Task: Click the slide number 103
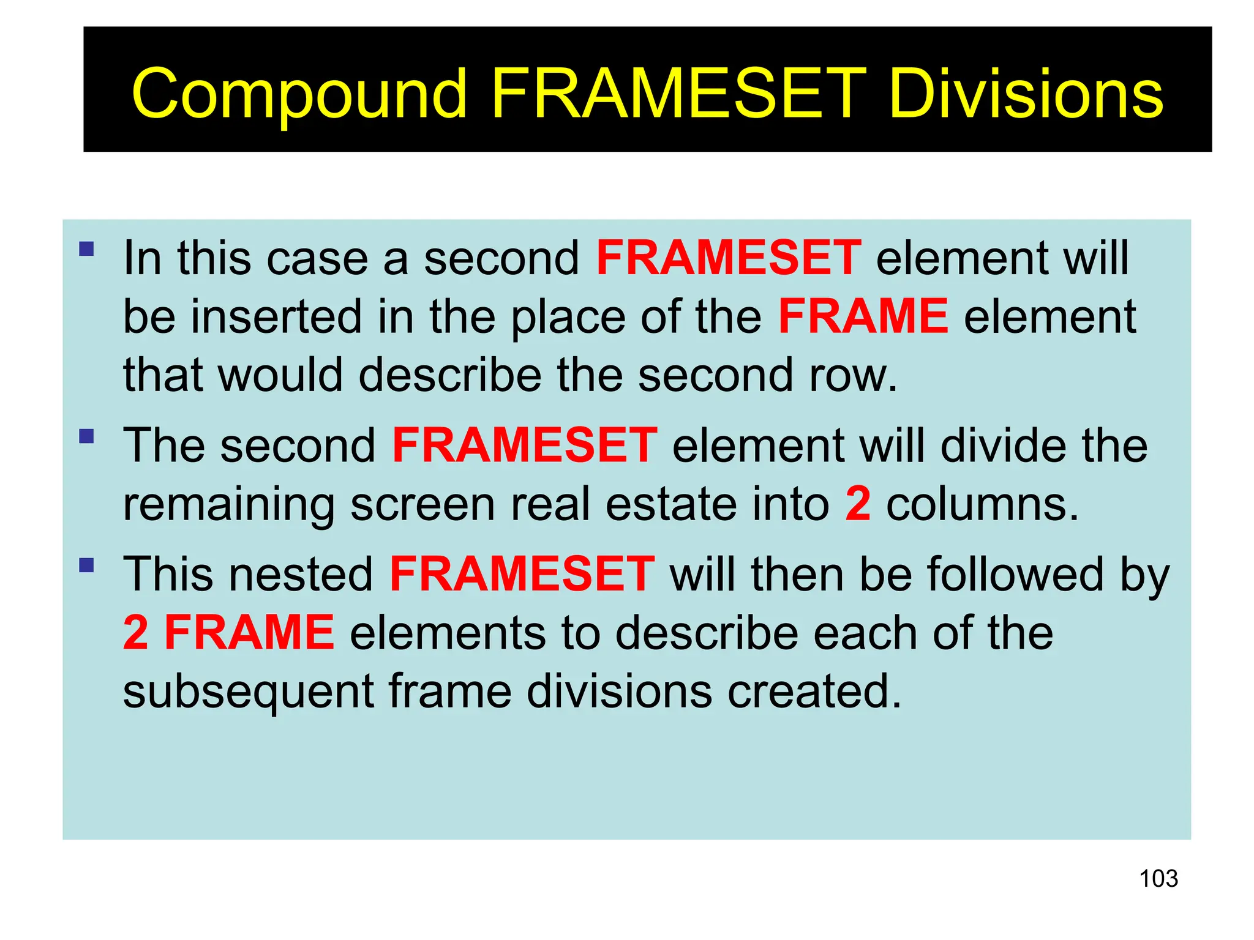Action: point(1158,879)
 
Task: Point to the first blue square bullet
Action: point(86,248)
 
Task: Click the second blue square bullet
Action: point(86,436)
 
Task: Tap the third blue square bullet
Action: point(86,564)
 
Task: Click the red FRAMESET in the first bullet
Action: point(729,258)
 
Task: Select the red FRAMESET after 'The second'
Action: point(525,445)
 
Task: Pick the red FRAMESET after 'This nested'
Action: point(522,574)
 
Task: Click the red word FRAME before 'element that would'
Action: point(863,316)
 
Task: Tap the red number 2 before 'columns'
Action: point(858,504)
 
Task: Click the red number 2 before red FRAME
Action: point(135,632)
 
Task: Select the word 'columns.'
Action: point(982,504)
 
